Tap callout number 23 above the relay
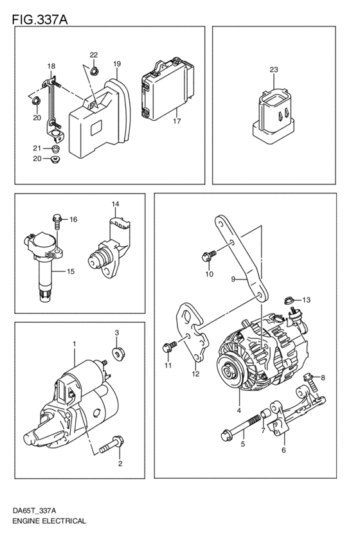[274, 69]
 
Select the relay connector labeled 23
[275, 116]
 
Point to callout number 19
[117, 64]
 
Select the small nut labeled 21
[55, 148]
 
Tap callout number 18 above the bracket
[51, 66]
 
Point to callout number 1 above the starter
[75, 344]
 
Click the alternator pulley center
[228, 371]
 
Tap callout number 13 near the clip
[306, 300]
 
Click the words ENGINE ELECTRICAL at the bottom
[49, 521]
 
